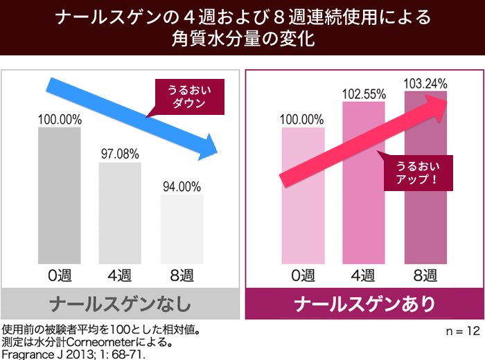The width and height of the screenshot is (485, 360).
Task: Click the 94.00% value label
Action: point(182,187)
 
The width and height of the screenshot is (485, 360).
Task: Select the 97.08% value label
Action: point(120,154)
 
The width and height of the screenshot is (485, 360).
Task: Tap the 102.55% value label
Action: point(364,93)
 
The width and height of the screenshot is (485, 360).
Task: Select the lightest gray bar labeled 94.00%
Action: point(182,228)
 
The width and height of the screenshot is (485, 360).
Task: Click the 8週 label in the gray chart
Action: point(182,276)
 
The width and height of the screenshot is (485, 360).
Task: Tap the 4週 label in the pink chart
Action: point(364,276)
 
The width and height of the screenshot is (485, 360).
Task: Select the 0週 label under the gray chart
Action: point(60,276)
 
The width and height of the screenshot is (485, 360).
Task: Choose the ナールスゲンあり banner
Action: point(364,304)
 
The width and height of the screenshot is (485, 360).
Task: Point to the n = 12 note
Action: point(462,331)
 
